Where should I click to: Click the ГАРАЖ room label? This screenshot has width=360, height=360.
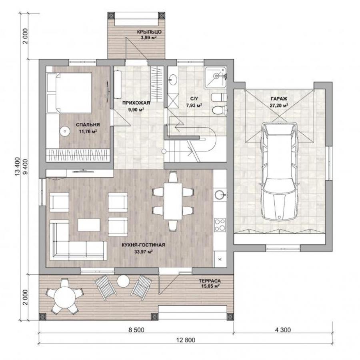(279, 99)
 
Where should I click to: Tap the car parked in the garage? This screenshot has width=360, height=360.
(279, 172)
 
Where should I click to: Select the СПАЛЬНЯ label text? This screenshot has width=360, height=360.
(88, 125)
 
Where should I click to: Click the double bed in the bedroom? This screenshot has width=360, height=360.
(69, 93)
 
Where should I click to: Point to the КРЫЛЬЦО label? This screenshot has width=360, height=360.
(149, 32)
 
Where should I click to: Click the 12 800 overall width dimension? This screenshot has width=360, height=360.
(186, 340)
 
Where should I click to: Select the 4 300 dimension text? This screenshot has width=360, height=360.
(283, 330)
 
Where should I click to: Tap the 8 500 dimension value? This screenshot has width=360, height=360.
(136, 330)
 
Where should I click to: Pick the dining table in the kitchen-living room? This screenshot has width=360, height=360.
(173, 201)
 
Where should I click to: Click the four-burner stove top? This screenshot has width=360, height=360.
(220, 225)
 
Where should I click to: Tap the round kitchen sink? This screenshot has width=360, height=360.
(220, 195)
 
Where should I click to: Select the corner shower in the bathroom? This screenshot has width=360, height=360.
(216, 77)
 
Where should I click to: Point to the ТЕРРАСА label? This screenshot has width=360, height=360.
(210, 281)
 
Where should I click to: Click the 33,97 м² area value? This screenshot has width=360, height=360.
(144, 252)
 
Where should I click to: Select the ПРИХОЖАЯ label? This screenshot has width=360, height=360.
(136, 103)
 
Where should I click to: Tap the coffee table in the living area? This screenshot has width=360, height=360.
(89, 225)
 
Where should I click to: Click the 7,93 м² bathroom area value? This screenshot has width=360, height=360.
(194, 106)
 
